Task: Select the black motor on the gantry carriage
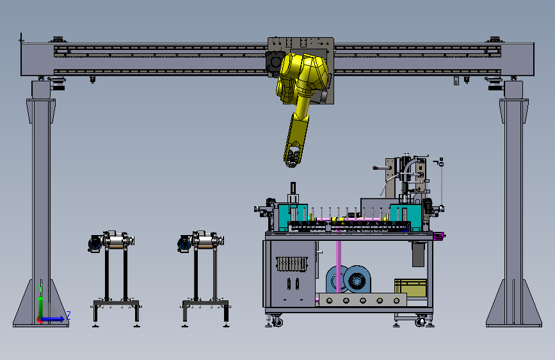point(275,64)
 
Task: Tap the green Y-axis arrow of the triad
point(41,300)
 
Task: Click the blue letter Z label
point(68,315)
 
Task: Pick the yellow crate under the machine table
point(410,288)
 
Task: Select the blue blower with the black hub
point(357,279)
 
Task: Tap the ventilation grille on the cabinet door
point(292,264)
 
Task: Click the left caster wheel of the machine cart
point(277,322)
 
